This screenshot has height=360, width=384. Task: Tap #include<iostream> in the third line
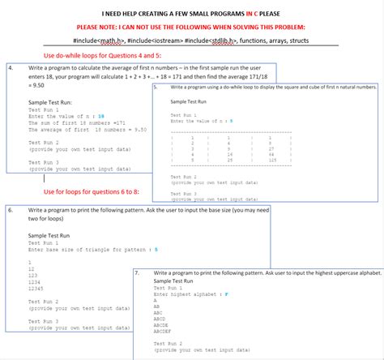156,40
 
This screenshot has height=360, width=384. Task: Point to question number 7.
139,272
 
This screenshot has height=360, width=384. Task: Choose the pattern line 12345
35,289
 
